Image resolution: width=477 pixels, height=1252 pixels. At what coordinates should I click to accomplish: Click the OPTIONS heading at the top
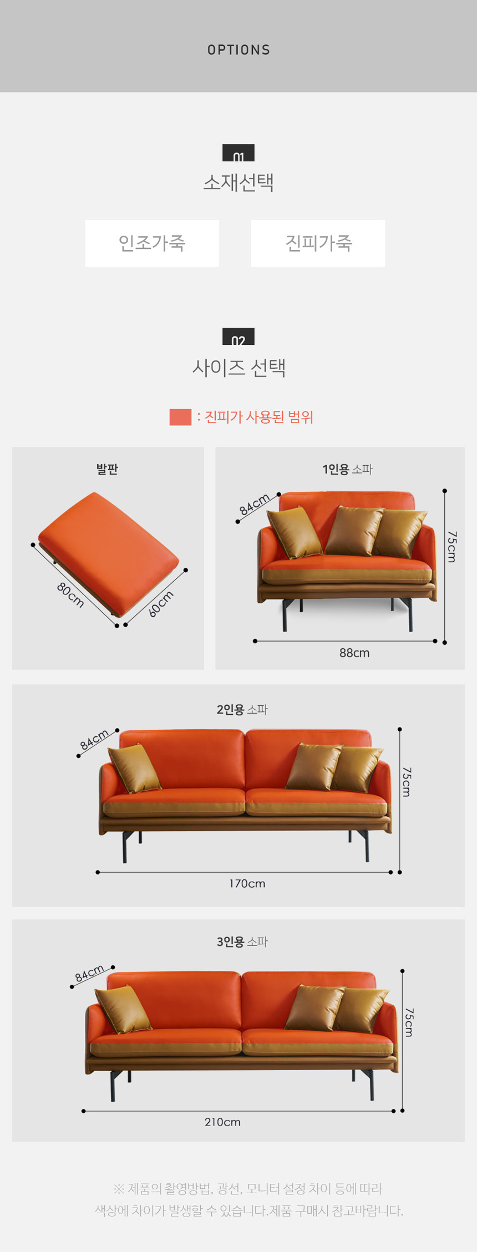(x=238, y=50)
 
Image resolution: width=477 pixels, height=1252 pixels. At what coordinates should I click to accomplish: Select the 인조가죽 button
(x=152, y=243)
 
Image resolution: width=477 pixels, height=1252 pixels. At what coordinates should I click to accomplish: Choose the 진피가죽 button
(x=318, y=243)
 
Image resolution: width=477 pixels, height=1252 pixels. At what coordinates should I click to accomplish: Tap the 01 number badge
(x=238, y=153)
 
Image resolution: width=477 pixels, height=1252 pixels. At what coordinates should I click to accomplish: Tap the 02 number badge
(x=238, y=337)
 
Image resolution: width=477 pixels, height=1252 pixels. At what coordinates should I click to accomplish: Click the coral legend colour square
(x=180, y=417)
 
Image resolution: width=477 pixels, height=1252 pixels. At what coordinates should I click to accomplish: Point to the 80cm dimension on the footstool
(x=70, y=595)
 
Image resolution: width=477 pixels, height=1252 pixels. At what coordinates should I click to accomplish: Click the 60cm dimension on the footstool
(x=161, y=603)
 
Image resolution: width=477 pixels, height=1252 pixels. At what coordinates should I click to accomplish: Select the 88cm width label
(x=354, y=653)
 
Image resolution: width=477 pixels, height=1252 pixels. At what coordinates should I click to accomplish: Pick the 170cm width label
(x=247, y=883)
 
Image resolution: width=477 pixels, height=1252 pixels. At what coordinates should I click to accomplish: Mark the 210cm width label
(x=222, y=1122)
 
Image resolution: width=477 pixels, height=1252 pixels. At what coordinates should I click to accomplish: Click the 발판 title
(x=107, y=469)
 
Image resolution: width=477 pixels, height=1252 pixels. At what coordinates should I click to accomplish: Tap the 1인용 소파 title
(x=348, y=469)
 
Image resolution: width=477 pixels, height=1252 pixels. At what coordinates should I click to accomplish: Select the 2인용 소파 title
(x=242, y=709)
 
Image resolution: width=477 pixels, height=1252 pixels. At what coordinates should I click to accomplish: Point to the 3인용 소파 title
(x=242, y=941)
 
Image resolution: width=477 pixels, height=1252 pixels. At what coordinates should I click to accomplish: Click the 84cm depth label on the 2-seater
(x=94, y=740)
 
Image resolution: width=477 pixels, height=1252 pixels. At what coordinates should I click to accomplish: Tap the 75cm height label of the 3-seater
(x=409, y=1022)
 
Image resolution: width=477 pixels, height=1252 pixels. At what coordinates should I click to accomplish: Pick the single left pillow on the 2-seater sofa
(x=134, y=767)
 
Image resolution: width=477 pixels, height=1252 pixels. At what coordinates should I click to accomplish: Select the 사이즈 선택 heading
(x=239, y=367)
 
